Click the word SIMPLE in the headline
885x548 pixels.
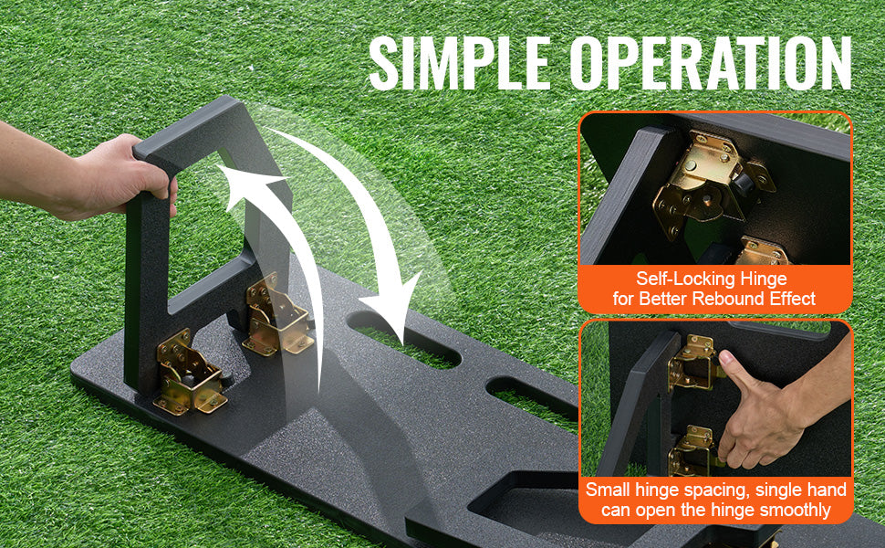(460, 63)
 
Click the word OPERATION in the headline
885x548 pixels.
(711, 63)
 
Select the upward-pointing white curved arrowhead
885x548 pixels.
(248, 184)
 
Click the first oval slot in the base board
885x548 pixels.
(404, 339)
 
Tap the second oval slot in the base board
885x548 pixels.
(534, 404)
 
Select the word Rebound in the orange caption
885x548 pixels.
(728, 299)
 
